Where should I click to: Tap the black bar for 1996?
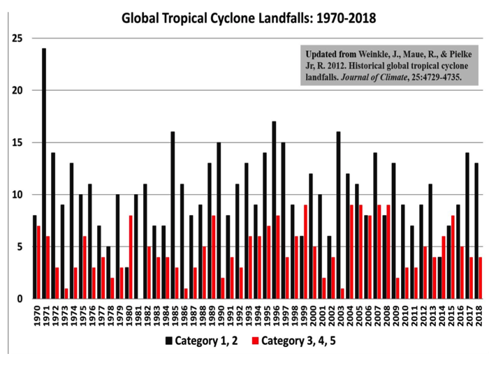point(274,210)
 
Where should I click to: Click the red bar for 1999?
point(305,252)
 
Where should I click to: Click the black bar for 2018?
point(476,230)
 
